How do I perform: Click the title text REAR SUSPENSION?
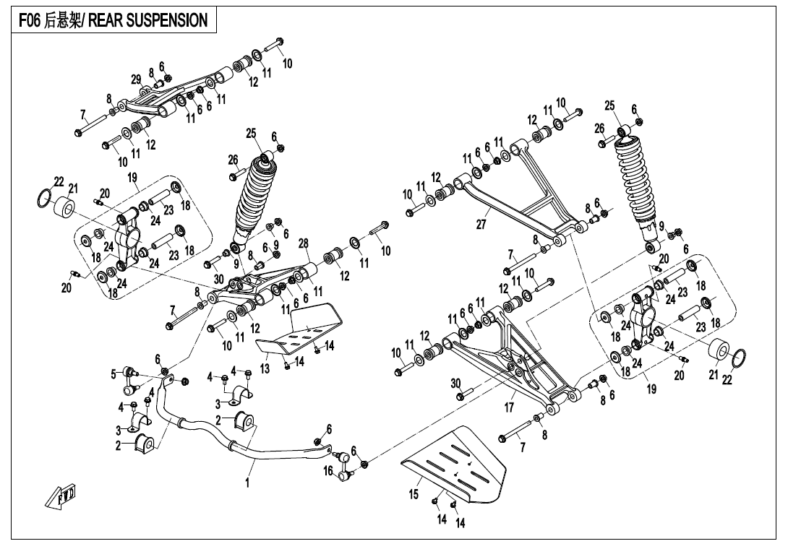148,20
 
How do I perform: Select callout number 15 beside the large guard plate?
414,494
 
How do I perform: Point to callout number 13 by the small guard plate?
265,368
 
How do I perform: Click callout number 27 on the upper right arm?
481,225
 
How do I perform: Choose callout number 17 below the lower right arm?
509,407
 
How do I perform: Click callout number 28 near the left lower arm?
304,243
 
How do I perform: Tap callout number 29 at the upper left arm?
136,79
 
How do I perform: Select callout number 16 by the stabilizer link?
328,471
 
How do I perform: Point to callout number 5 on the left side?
114,373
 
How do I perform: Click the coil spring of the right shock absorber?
636,181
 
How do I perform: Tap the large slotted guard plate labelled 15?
459,462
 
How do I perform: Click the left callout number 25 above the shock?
251,133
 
